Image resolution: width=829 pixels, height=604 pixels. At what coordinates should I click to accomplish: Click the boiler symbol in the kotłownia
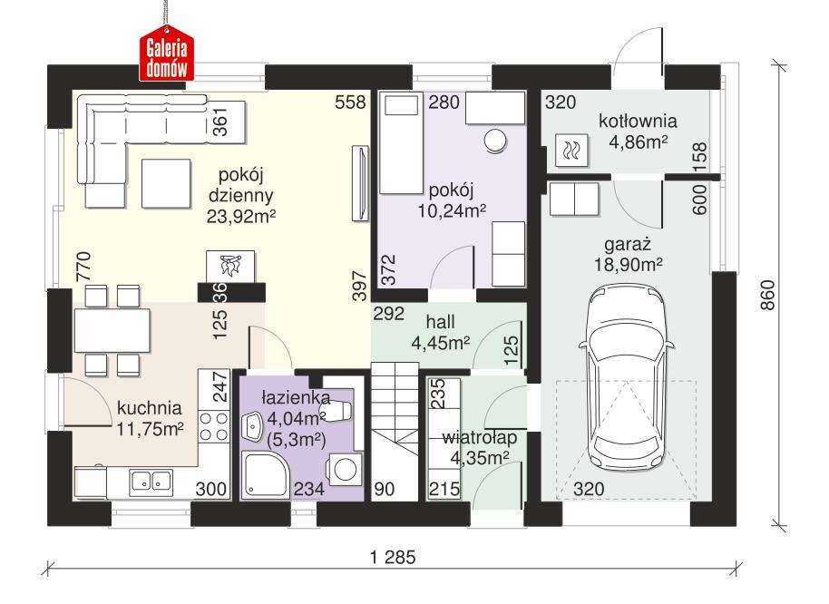[571, 151]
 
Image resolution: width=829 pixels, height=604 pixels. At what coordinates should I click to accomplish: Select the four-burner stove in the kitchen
[212, 427]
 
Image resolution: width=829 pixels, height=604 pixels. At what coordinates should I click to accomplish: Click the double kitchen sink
[151, 481]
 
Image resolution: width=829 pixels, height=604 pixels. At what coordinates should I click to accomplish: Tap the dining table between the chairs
[112, 331]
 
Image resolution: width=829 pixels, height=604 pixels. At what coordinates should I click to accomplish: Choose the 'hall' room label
[441, 322]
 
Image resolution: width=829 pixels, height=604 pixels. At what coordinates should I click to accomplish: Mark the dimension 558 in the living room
[351, 102]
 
